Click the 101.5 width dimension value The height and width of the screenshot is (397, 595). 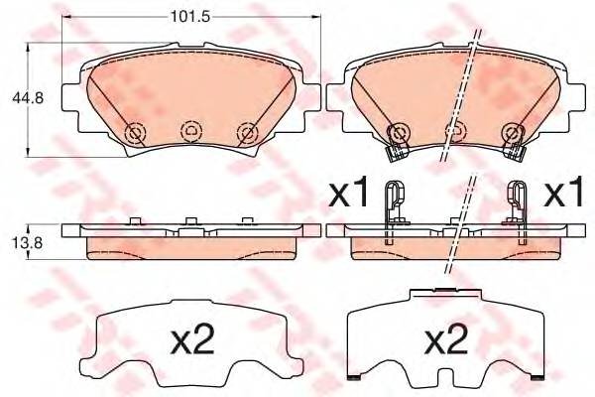[x=190, y=17]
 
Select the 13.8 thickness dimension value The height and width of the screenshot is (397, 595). [x=28, y=243]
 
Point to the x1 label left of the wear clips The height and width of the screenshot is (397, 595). [x=348, y=193]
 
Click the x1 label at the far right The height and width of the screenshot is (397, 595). [x=563, y=193]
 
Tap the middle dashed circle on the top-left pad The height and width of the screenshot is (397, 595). [x=191, y=132]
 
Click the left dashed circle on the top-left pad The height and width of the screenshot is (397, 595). [x=135, y=133]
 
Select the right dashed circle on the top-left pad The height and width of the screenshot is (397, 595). [x=248, y=133]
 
